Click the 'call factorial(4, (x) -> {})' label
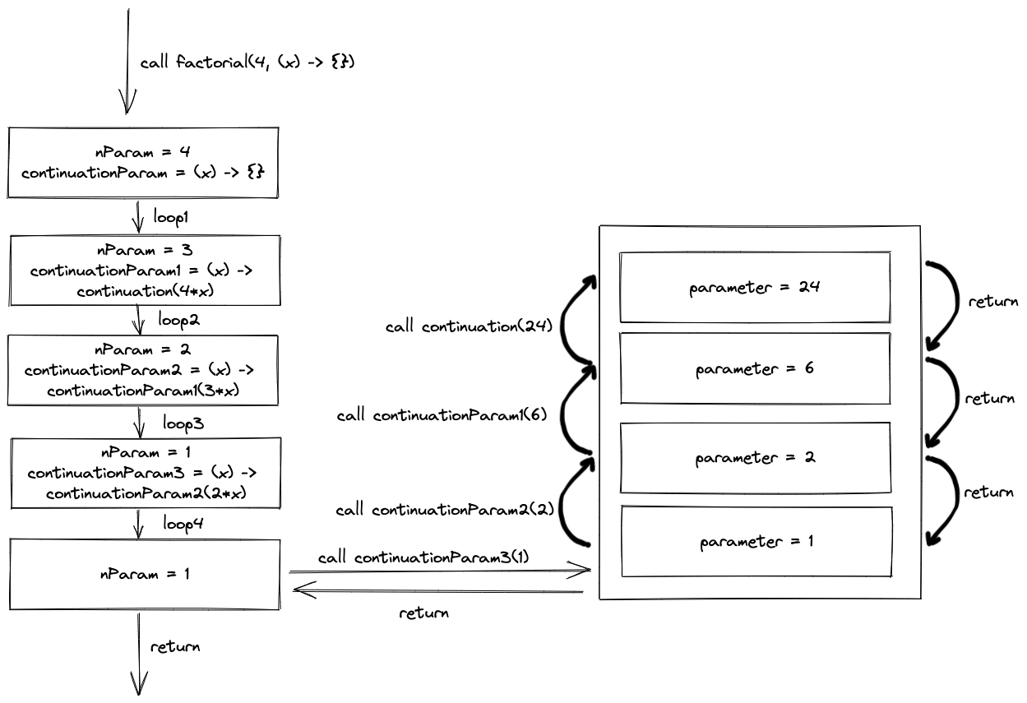click(x=247, y=62)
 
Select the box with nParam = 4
click(x=142, y=163)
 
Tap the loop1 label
click(x=170, y=217)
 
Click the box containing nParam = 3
click(x=145, y=271)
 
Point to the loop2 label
click(x=178, y=320)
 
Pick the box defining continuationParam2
click(x=142, y=370)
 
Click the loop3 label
click(x=183, y=423)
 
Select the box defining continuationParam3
click(x=146, y=473)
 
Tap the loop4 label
click(x=183, y=523)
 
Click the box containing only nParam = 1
click(x=145, y=574)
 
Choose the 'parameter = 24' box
click(x=755, y=287)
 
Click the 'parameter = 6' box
click(x=755, y=368)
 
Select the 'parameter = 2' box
click(x=756, y=458)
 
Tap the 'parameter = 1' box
click(x=756, y=542)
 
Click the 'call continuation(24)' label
click(x=469, y=326)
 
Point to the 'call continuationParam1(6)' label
click(x=442, y=415)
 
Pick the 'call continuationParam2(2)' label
click(x=445, y=509)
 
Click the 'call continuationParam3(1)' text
click(x=423, y=557)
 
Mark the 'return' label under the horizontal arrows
click(x=423, y=613)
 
